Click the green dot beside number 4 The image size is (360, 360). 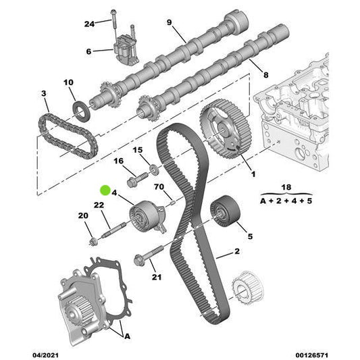pyautogui.click(x=105, y=190)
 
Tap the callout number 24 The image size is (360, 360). pyautogui.click(x=89, y=24)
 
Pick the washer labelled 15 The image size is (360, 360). pyautogui.click(x=154, y=170)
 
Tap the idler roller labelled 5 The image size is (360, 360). pyautogui.click(x=225, y=211)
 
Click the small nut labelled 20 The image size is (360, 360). pyautogui.click(x=94, y=242)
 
